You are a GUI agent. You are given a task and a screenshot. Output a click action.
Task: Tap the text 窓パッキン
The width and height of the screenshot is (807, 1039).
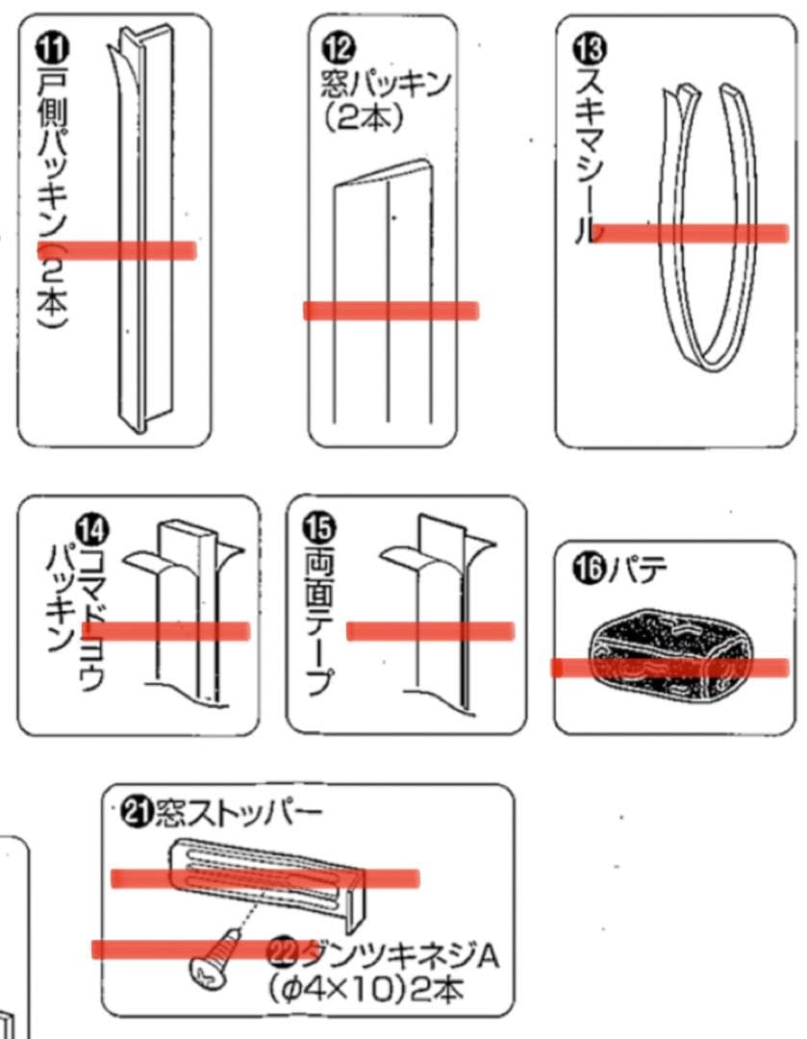click(385, 85)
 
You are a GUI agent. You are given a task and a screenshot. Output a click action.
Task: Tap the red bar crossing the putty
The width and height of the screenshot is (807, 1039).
click(669, 667)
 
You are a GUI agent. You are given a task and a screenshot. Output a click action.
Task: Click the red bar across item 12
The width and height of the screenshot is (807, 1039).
click(391, 310)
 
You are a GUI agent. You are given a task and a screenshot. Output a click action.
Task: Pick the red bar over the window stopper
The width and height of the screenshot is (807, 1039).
click(265, 877)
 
